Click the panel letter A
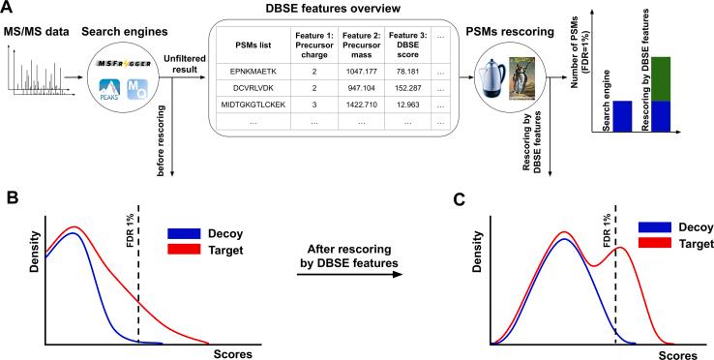click(9, 9)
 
